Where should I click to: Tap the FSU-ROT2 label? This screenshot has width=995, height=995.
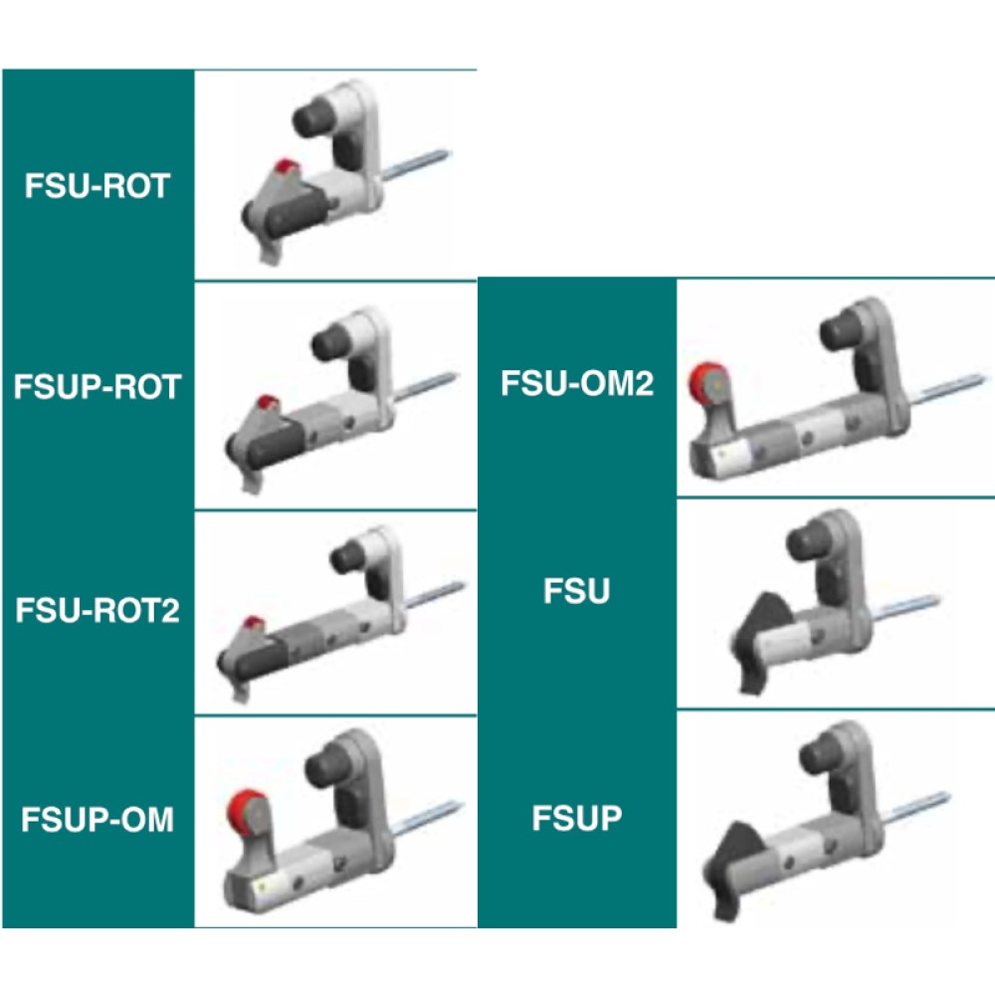[x=98, y=609]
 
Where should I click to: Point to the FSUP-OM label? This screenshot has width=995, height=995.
[x=98, y=820]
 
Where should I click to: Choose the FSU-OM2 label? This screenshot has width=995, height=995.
[x=577, y=383]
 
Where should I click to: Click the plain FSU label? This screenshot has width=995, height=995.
[x=577, y=592]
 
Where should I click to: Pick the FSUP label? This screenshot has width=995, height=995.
[x=577, y=819]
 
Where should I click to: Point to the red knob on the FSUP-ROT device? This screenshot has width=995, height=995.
[x=267, y=403]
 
